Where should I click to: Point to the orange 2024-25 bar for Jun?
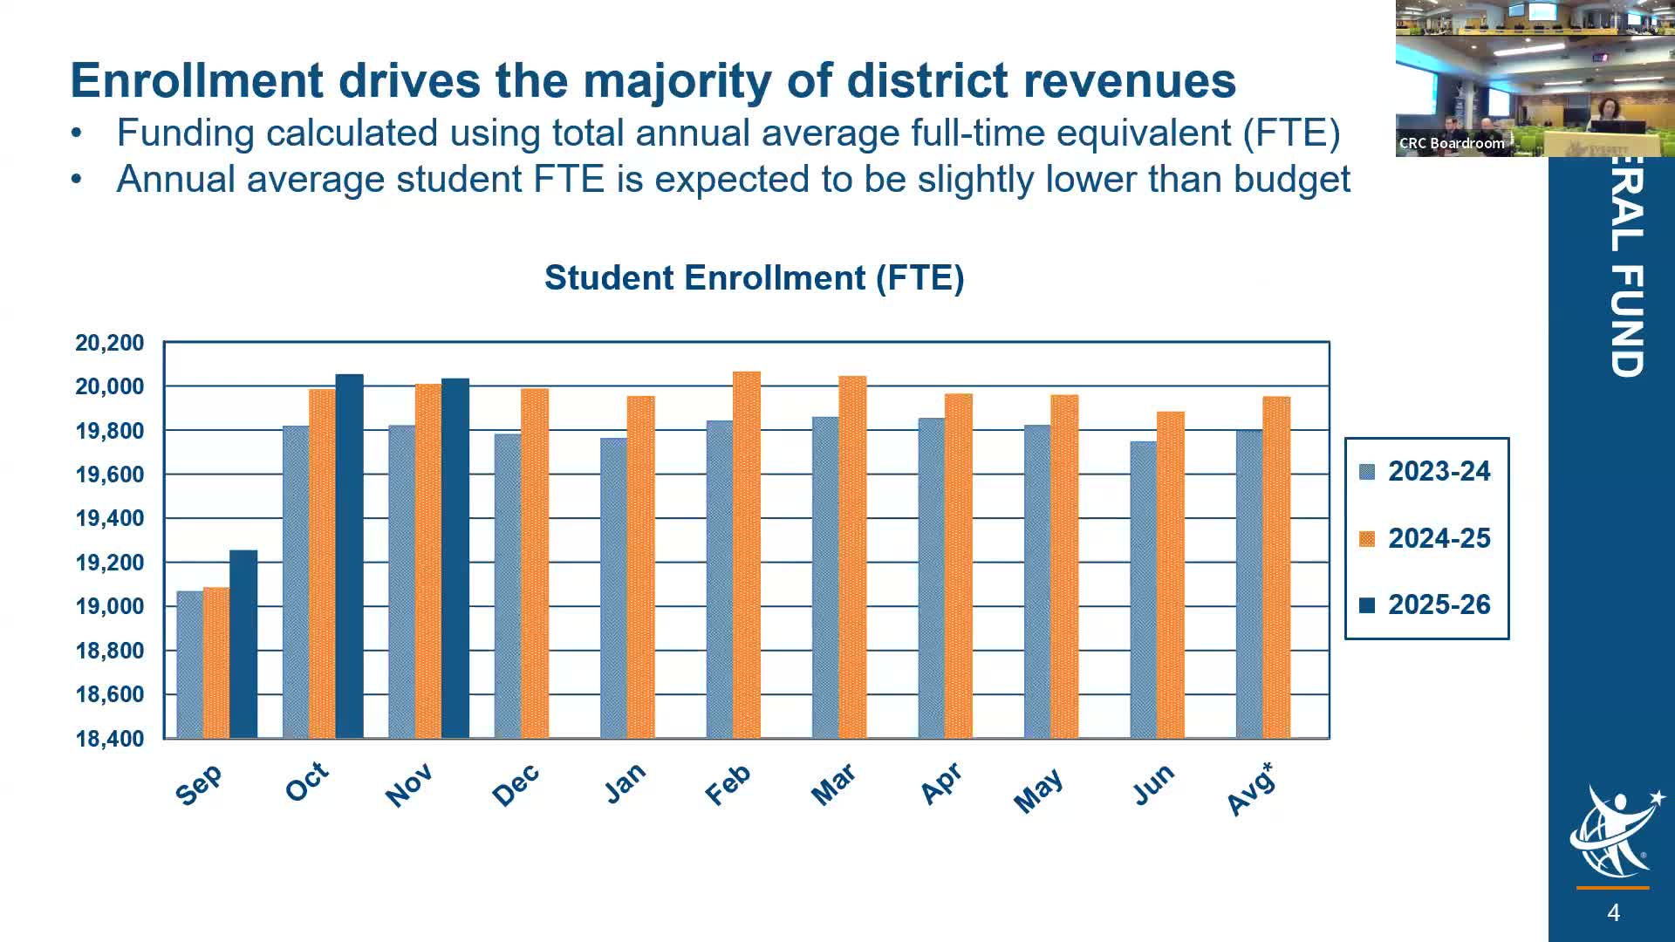coord(1170,575)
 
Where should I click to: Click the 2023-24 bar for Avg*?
coord(1249,584)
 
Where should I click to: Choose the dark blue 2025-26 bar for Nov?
coord(455,558)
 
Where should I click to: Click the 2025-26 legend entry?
coord(1427,604)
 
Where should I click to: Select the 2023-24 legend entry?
coord(1427,471)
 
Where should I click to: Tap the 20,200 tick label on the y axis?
coord(110,343)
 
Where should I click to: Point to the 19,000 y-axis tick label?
coord(110,606)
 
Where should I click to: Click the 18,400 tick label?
coord(110,739)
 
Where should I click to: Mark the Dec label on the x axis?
coord(516,785)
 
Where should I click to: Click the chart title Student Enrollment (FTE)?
coord(754,277)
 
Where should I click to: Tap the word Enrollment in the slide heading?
coord(197,80)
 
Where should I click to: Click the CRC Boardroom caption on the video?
coord(1452,143)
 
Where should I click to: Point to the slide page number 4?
coord(1613,912)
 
